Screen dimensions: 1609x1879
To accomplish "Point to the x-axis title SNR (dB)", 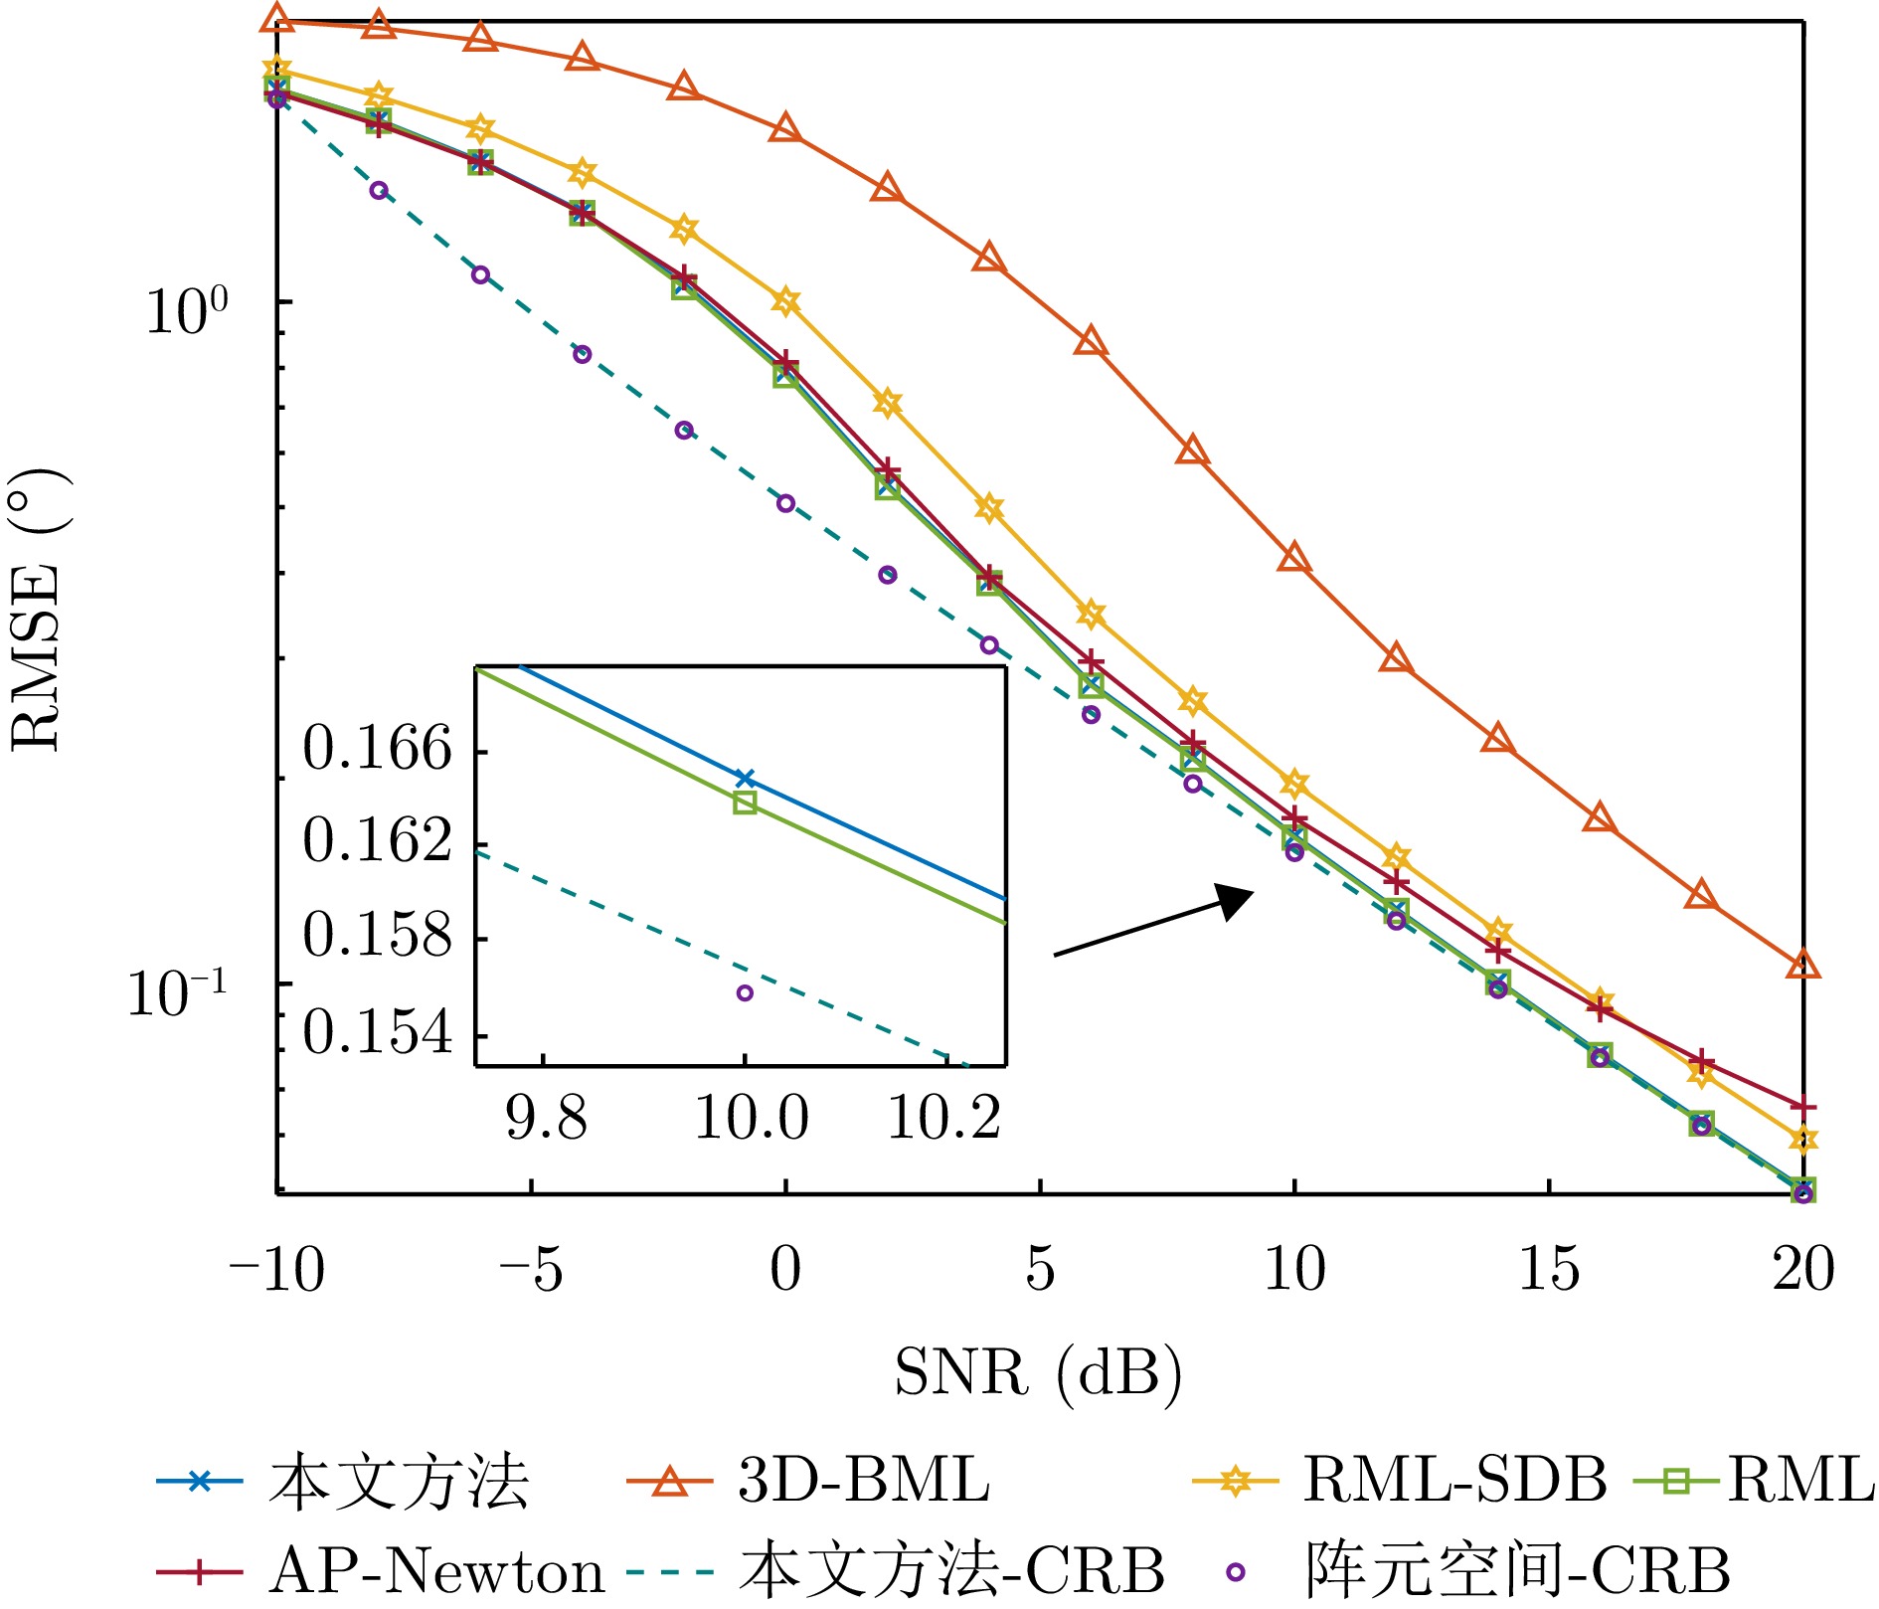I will (1038, 1372).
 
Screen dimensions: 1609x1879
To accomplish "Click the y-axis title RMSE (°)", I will (38, 612).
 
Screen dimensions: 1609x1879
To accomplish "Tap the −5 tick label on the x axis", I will (531, 1269).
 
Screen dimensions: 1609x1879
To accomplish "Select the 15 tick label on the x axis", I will (1548, 1269).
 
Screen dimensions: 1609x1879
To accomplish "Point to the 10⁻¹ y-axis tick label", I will (176, 992).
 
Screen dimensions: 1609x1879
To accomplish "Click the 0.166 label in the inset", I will (378, 748).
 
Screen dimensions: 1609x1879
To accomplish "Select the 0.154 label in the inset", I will (378, 1032).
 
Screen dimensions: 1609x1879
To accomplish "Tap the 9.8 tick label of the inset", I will (546, 1119).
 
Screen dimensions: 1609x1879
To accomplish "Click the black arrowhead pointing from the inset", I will (1235, 901).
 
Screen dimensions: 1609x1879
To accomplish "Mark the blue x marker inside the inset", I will (745, 778).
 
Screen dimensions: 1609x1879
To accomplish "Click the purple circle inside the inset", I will (745, 992).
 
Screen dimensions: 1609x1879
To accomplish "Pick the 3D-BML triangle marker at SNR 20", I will (1802, 965).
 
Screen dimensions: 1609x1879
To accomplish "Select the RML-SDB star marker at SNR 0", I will (785, 301).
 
